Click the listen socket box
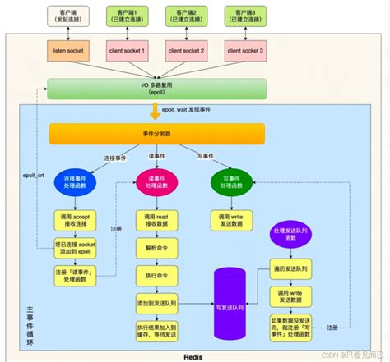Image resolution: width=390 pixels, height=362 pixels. pos(69,51)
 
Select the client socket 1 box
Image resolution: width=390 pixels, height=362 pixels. pos(128,51)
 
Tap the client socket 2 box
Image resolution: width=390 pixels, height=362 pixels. pos(187,51)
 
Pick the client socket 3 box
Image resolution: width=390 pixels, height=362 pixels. pos(244,51)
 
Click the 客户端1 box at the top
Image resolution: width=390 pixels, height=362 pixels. pos(128,15)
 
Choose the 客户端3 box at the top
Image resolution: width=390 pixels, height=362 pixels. pos(244,15)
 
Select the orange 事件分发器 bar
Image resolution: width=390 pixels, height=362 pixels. pos(156,134)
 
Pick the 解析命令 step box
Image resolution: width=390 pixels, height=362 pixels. pos(156,248)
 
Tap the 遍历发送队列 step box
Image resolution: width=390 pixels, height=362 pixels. pos(294,268)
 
